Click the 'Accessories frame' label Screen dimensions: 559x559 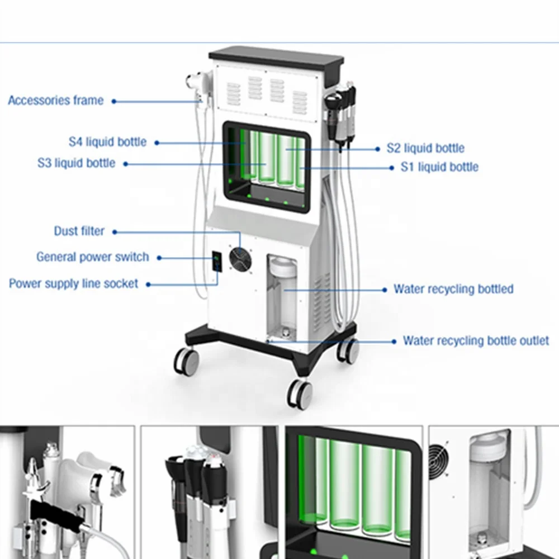[x=55, y=101]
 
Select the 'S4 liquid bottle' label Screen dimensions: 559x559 [x=107, y=142]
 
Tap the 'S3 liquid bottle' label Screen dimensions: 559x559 [x=77, y=163]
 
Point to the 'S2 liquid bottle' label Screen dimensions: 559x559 [x=425, y=148]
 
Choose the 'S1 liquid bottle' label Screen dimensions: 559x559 [x=439, y=167]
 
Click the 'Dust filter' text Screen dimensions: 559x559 [x=79, y=231]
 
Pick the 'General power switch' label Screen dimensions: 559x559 [x=93, y=257]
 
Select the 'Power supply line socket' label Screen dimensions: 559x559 [x=73, y=284]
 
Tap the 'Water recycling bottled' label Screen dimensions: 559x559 [x=453, y=289]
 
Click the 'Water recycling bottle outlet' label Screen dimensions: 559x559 [x=476, y=340]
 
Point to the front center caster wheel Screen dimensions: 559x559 [x=300, y=393]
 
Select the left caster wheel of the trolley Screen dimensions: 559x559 [x=187, y=361]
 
